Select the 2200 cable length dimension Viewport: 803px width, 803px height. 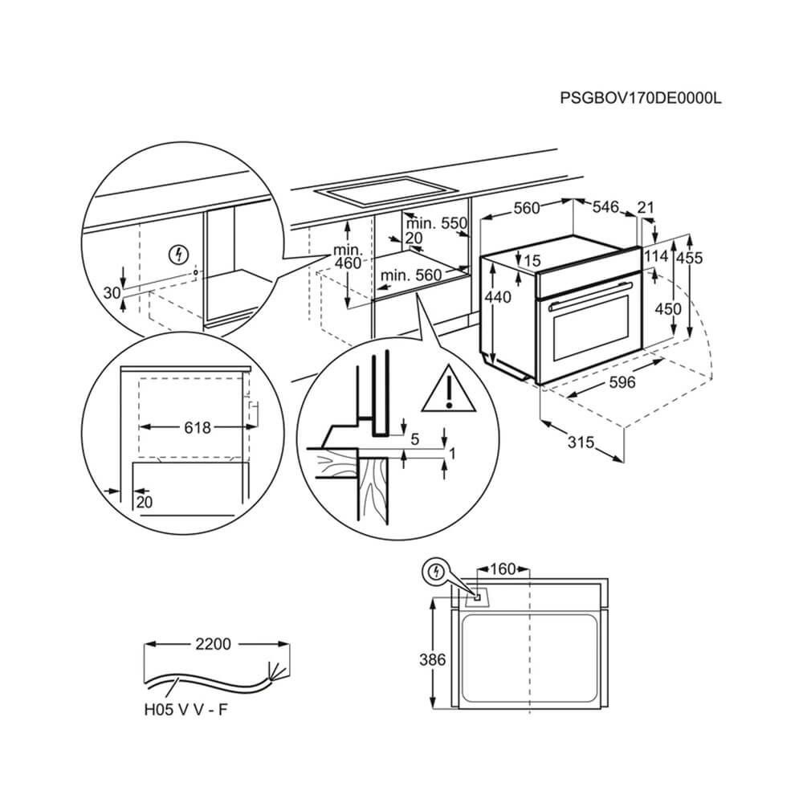click(212, 643)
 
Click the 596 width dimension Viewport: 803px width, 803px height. click(621, 382)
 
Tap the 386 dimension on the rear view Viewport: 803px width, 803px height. click(431, 660)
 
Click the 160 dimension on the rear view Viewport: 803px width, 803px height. click(502, 570)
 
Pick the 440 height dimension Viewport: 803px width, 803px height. click(498, 297)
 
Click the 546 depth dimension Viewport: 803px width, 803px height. click(605, 208)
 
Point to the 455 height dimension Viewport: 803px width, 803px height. click(689, 258)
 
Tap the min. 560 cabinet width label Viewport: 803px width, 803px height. click(411, 275)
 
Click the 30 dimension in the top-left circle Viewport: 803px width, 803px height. click(112, 291)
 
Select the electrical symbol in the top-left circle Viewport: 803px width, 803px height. click(178, 256)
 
